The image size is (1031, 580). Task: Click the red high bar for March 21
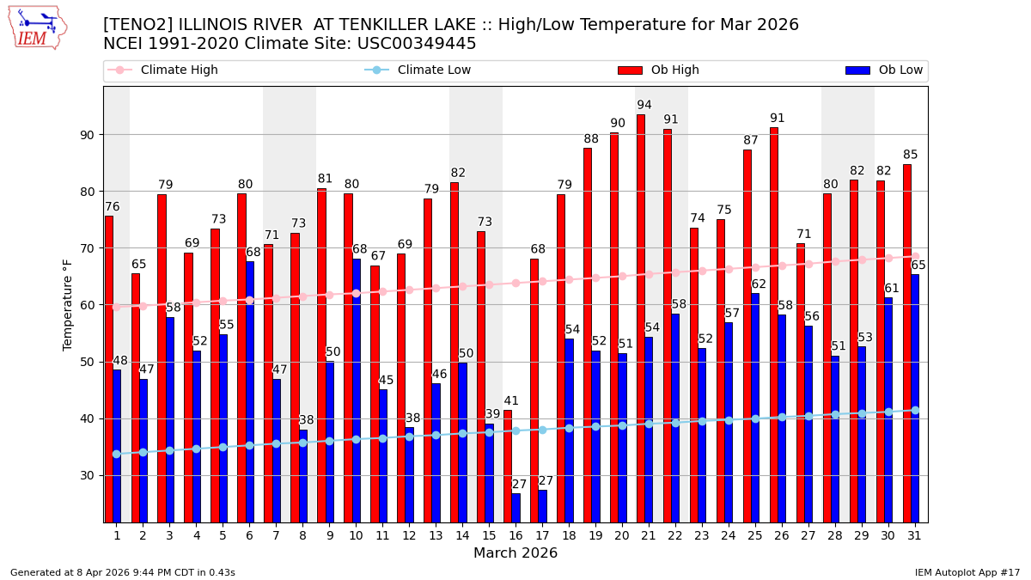[x=641, y=318]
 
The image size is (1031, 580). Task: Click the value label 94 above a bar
[x=644, y=106]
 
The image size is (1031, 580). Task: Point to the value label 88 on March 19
[x=591, y=139]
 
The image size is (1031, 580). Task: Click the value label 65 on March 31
[x=918, y=266]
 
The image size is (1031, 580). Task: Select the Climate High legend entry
[x=179, y=70]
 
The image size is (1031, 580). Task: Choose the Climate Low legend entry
[x=434, y=70]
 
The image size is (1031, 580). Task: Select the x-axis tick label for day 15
[x=489, y=535]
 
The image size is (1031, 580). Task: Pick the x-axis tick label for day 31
[x=915, y=535]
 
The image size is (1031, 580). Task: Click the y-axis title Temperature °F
[x=68, y=304]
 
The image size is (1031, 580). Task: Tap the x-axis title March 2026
[x=515, y=553]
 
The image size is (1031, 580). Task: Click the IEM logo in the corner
[x=37, y=27]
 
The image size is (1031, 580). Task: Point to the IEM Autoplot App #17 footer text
[x=967, y=572]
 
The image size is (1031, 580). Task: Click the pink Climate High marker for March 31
[x=915, y=256]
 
